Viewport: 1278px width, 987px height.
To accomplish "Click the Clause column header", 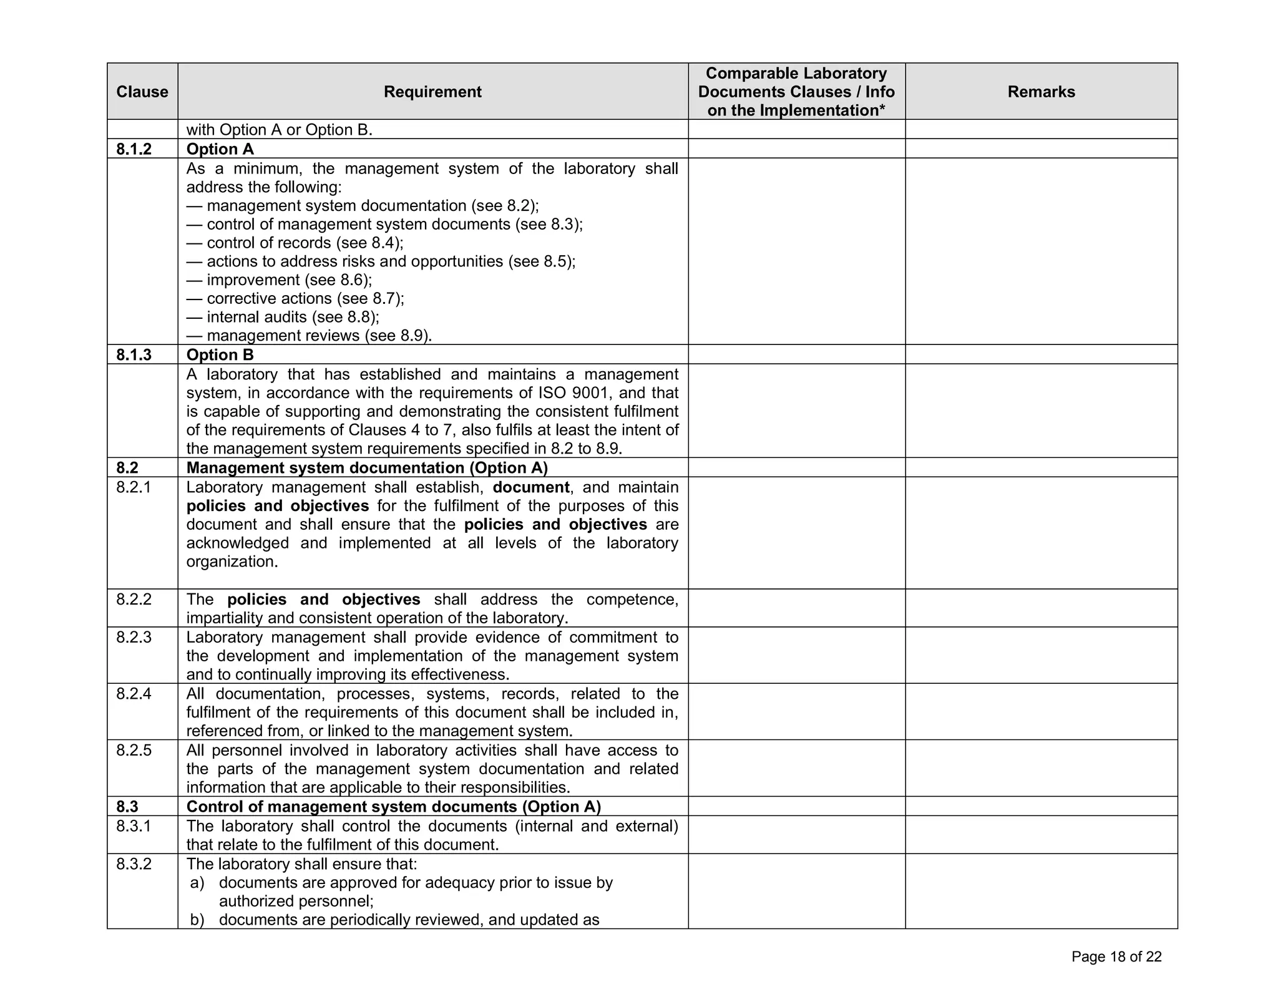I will (x=142, y=92).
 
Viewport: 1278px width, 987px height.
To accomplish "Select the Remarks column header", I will (x=1041, y=92).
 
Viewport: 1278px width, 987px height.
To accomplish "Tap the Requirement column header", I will (x=432, y=92).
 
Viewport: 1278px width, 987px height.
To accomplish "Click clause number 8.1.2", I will (x=134, y=149).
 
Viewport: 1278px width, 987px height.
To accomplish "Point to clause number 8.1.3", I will (x=134, y=355).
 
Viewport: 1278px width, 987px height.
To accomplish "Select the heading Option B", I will (x=220, y=355).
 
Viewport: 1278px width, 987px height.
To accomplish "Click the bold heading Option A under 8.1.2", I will (x=220, y=149).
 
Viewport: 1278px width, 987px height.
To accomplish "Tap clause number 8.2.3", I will (x=134, y=637).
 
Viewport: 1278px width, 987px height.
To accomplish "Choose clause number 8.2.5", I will (x=134, y=750).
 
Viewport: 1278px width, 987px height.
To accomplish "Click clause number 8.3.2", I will (x=134, y=864).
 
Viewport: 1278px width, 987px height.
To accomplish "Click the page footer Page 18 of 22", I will (x=1116, y=957).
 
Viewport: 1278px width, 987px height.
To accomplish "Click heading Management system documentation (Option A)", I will (x=367, y=468).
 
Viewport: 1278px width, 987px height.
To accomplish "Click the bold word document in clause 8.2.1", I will (x=530, y=487).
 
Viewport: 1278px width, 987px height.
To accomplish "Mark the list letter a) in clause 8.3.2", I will (x=197, y=883).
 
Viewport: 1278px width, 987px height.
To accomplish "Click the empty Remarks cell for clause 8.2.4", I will (x=1041, y=712).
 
